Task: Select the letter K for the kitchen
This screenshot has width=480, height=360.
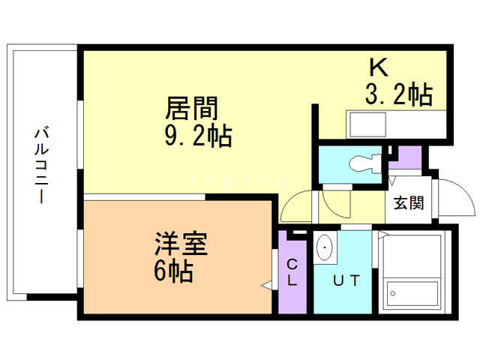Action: click(x=379, y=67)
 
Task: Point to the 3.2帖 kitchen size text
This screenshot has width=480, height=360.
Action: click(x=397, y=95)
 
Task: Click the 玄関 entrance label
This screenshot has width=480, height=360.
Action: click(x=409, y=202)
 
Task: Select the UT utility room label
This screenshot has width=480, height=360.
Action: click(x=346, y=281)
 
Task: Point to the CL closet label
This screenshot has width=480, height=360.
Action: click(x=292, y=273)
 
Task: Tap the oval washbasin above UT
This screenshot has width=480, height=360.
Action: click(x=325, y=247)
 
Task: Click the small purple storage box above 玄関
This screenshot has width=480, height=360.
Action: click(x=409, y=158)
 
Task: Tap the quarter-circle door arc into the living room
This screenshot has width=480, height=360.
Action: click(x=296, y=205)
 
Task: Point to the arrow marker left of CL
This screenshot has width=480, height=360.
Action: click(x=266, y=286)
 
